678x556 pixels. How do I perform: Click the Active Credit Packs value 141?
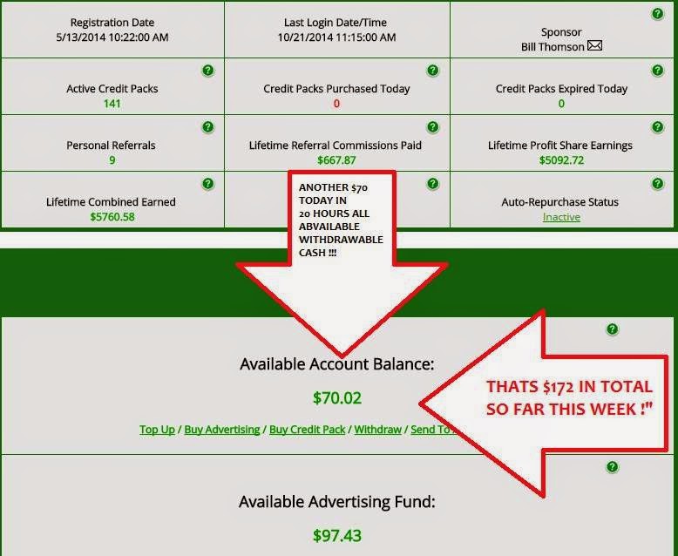click(x=111, y=104)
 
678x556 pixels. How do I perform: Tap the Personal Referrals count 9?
click(x=112, y=160)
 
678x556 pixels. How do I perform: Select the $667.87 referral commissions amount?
click(x=337, y=160)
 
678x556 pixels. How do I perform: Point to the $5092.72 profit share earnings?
click(x=560, y=160)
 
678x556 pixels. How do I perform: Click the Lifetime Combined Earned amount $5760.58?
click(x=112, y=217)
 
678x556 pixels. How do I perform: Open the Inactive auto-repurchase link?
click(x=560, y=217)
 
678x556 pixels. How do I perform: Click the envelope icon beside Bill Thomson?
click(x=594, y=46)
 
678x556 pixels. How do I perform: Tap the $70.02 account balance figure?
click(x=336, y=398)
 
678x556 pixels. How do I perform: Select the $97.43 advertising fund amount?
click(x=336, y=534)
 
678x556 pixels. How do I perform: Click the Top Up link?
click(x=157, y=430)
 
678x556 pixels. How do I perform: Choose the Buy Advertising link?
click(x=221, y=430)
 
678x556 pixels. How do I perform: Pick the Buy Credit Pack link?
click(x=308, y=430)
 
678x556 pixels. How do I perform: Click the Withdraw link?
click(x=377, y=430)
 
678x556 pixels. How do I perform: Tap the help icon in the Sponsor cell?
click(x=656, y=15)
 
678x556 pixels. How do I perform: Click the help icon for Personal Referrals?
click(x=207, y=127)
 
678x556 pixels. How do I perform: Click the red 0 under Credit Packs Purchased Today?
click(x=336, y=104)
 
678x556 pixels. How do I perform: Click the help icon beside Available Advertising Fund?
click(x=612, y=467)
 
